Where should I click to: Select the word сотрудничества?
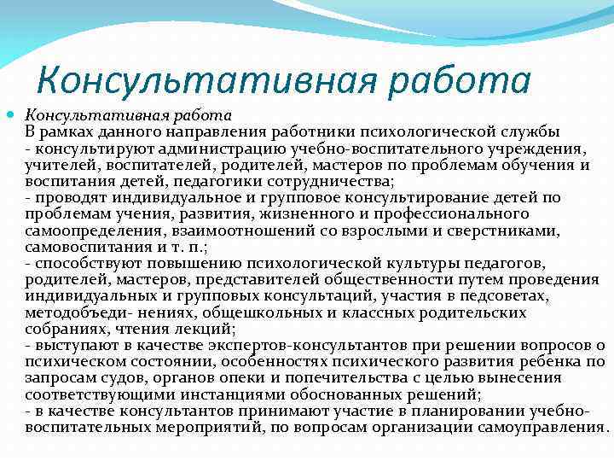click(316, 181)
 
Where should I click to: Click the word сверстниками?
click(497, 230)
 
